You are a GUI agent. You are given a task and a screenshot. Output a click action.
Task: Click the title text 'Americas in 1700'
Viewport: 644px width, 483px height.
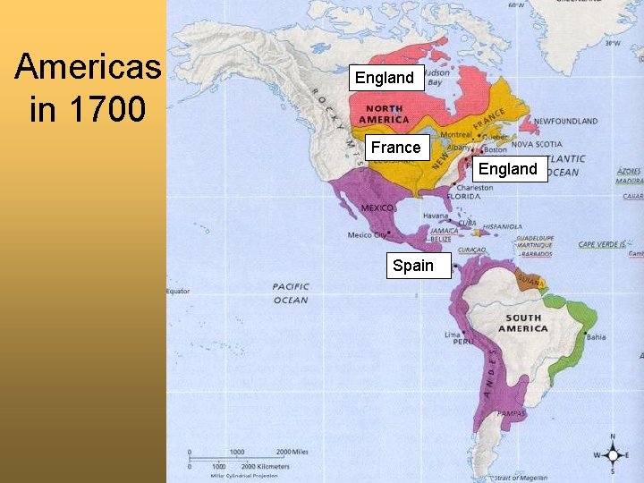[x=88, y=88]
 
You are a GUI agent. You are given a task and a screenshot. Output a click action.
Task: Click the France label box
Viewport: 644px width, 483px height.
[x=395, y=148]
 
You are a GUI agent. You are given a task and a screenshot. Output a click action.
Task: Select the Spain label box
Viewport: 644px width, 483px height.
[x=412, y=266]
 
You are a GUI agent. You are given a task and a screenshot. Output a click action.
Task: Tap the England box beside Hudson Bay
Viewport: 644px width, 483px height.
[x=385, y=78]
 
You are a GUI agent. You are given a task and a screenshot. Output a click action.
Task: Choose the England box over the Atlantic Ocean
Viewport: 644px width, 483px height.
[x=508, y=169]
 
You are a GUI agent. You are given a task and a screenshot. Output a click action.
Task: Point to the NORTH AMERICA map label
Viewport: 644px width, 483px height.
[x=384, y=114]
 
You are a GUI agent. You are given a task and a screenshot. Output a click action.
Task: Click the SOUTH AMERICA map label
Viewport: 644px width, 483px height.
[x=523, y=323]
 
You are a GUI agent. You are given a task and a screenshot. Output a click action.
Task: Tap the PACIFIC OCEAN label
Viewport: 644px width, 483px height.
[x=291, y=293]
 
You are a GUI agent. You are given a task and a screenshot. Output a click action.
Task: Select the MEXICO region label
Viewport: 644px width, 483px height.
[x=377, y=208]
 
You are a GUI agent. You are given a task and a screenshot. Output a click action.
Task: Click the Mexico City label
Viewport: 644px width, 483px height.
[x=367, y=235]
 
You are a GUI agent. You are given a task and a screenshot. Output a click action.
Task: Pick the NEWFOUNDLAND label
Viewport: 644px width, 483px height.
[x=566, y=121]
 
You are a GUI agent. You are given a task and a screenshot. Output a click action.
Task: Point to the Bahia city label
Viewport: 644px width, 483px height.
[x=597, y=337]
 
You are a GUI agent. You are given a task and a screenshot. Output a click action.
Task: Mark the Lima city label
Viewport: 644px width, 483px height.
[x=453, y=335]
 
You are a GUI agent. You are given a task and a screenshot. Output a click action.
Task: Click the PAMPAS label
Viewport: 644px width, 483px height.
[x=513, y=414]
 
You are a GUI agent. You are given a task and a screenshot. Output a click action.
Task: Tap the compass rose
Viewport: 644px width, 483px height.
[x=612, y=454]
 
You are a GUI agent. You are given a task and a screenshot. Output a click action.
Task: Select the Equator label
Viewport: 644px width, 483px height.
[x=178, y=291]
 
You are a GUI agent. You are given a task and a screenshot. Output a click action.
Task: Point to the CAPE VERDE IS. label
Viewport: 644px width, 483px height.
[x=602, y=244]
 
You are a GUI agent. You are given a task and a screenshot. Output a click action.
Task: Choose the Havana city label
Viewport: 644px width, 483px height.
[x=436, y=216]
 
